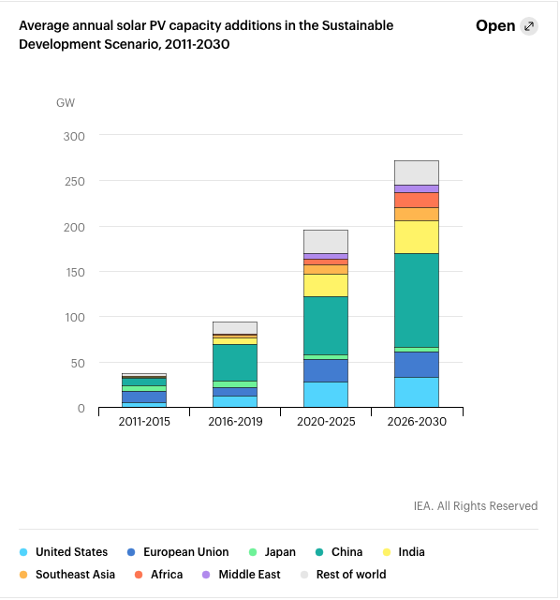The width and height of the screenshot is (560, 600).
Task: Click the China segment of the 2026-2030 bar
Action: [417, 300]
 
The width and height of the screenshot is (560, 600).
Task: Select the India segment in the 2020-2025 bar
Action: [326, 285]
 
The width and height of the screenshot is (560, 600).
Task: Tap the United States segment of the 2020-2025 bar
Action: [326, 395]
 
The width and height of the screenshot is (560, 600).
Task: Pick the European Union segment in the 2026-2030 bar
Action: [417, 365]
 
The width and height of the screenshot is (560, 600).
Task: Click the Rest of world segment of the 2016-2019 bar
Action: [235, 328]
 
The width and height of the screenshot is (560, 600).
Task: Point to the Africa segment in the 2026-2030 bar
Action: [417, 200]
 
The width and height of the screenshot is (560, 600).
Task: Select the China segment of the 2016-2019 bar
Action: [235, 363]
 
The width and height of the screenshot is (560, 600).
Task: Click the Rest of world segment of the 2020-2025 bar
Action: [326, 242]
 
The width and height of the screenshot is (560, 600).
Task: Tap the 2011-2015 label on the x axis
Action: [144, 422]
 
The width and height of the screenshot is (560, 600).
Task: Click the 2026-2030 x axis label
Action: [417, 422]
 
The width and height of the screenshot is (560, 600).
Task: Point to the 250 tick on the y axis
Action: [75, 181]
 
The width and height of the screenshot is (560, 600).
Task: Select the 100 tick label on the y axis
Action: [75, 317]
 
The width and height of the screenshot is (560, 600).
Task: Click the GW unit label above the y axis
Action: [66, 103]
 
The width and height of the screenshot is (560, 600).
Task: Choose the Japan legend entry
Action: [273, 552]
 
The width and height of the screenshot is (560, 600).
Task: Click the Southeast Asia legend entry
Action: [66, 575]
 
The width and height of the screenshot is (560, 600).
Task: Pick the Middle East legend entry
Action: [242, 575]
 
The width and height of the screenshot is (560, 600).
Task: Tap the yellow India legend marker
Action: [387, 552]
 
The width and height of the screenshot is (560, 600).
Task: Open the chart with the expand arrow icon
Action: [529, 26]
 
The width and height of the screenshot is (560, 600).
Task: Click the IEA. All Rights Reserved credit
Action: [476, 506]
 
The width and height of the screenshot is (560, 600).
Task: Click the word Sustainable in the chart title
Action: [358, 25]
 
